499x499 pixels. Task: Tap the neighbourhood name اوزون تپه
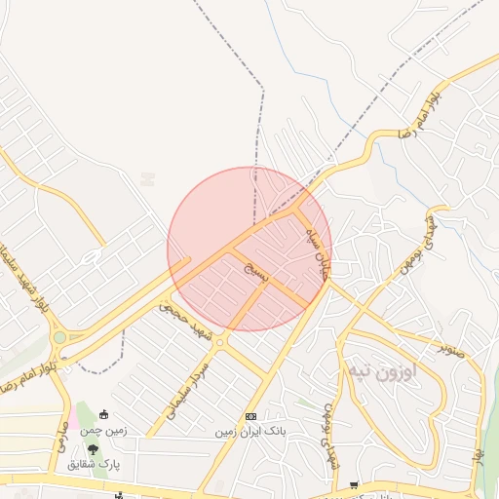point(381,371)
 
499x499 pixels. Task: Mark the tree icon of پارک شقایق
point(94,449)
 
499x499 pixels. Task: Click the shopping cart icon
point(355,485)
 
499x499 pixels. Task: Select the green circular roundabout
point(60,337)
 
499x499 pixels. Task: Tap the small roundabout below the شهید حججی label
point(220,342)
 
